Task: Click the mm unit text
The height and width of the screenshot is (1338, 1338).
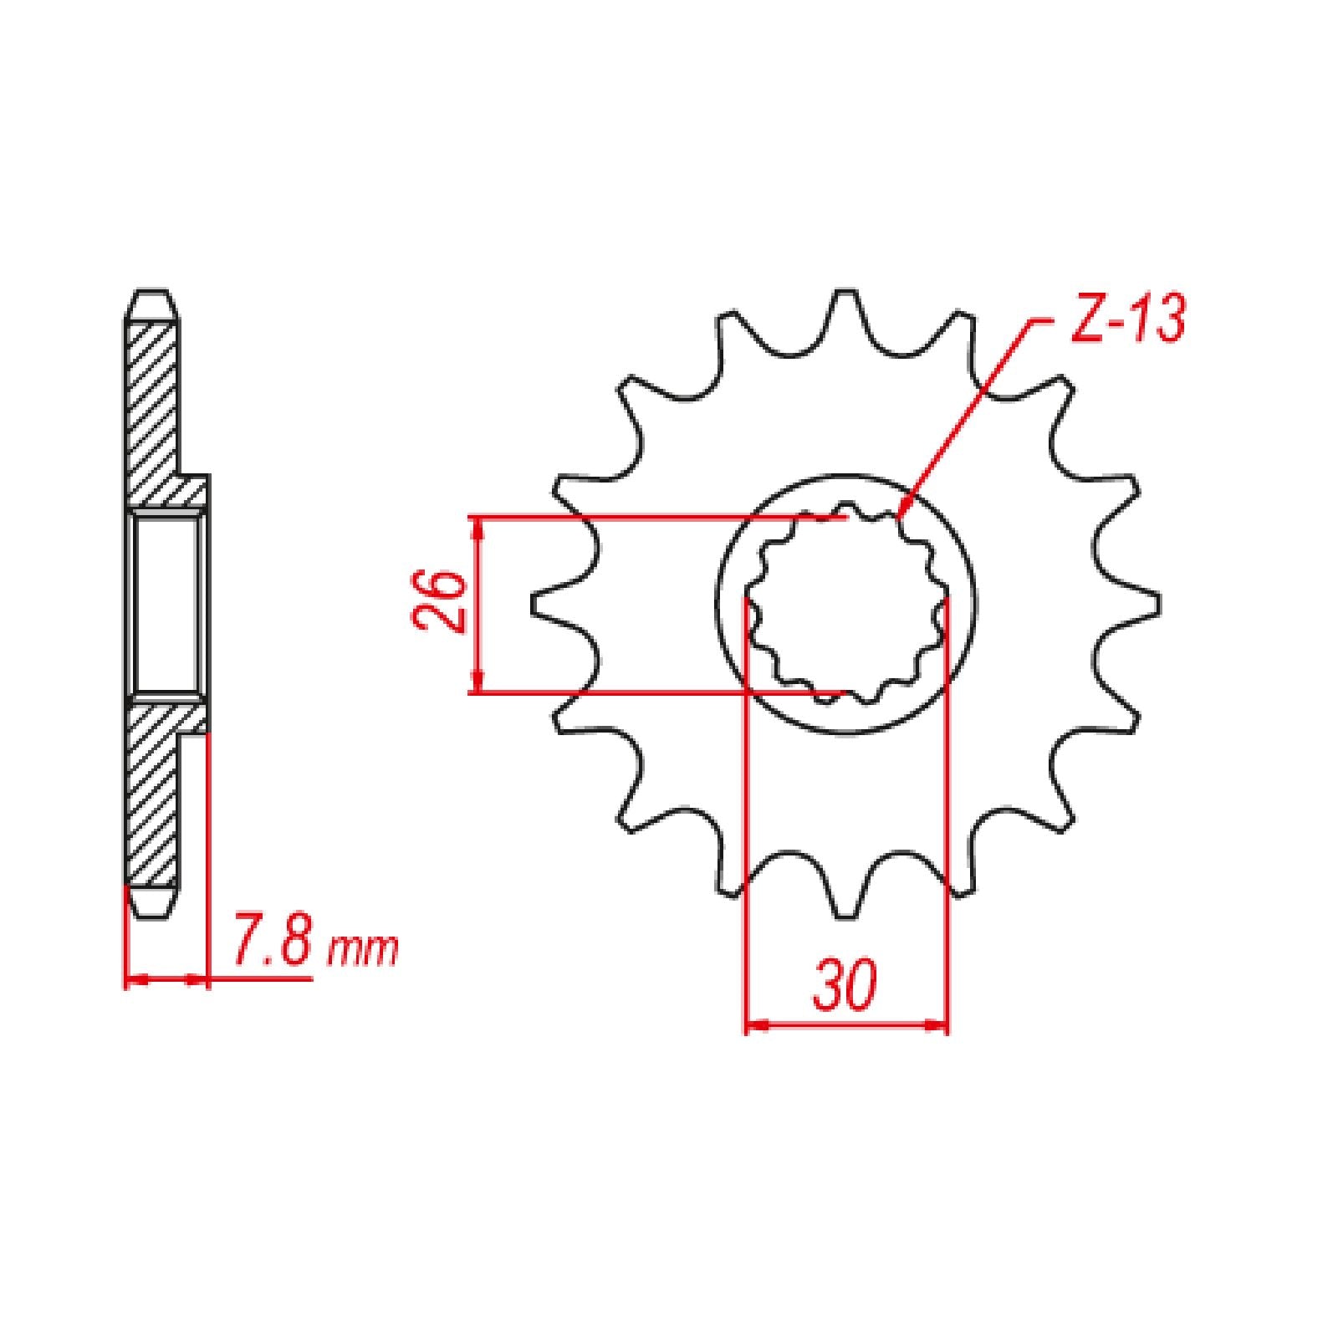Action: point(362,951)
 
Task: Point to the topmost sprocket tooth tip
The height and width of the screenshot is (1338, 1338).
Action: point(845,294)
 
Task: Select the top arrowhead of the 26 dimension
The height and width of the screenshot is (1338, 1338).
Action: point(477,520)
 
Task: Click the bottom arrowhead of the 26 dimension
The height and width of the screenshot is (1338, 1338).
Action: point(477,690)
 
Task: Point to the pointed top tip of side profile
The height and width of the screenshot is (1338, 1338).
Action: point(153,293)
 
